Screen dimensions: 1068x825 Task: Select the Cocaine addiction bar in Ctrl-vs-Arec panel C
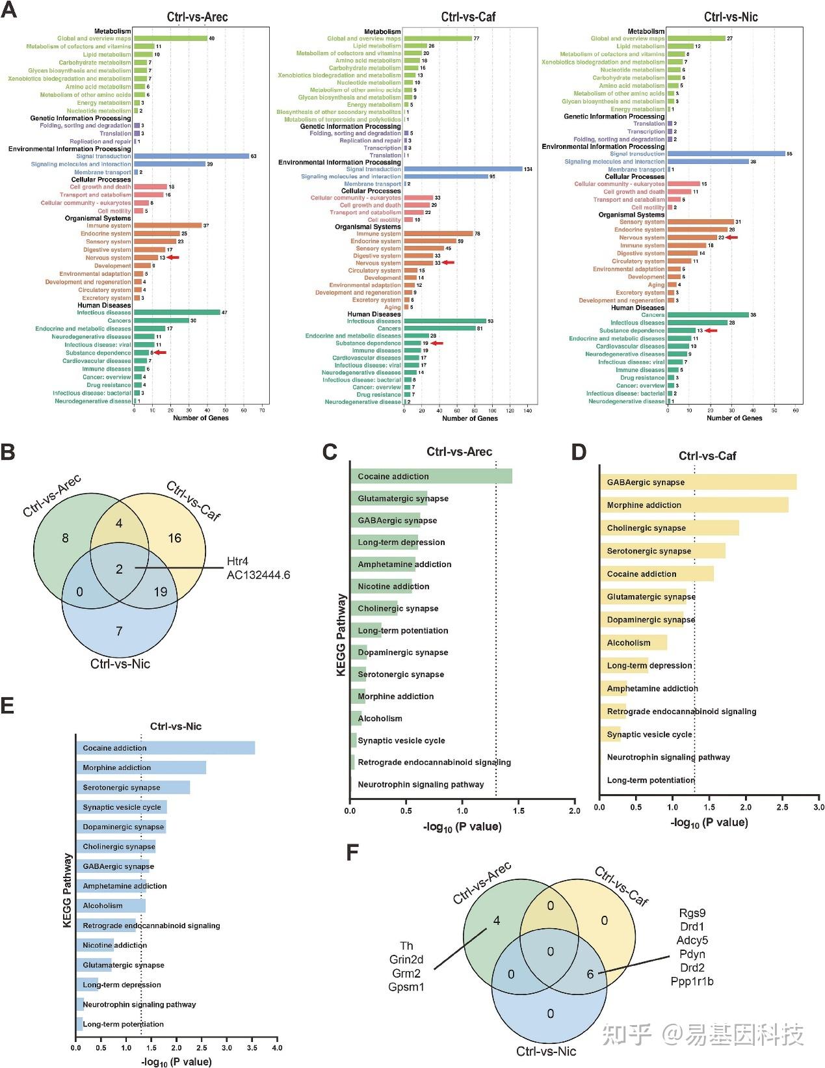click(x=431, y=476)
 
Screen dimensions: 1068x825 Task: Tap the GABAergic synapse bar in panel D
click(x=698, y=482)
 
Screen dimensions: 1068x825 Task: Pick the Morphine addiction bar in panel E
click(x=141, y=768)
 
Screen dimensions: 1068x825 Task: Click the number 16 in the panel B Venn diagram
click(x=174, y=538)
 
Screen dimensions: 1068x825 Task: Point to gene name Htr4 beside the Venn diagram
click(x=238, y=561)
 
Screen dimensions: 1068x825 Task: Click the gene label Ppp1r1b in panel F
click(x=692, y=981)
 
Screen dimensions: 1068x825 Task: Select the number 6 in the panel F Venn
click(x=590, y=974)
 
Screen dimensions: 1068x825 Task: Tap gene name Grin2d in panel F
click(x=406, y=960)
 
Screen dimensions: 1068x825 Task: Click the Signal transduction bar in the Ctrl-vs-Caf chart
click(x=463, y=169)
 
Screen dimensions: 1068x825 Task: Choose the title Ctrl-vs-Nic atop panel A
click(x=731, y=17)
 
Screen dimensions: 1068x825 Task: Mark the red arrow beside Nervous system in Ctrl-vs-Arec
click(x=172, y=258)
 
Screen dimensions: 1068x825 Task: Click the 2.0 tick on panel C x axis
click(x=574, y=811)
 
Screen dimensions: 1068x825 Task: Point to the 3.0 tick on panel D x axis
click(x=818, y=807)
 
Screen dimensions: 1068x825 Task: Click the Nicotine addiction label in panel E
click(x=115, y=945)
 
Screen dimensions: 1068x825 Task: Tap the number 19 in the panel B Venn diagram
click(x=160, y=592)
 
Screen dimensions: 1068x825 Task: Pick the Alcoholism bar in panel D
click(x=633, y=643)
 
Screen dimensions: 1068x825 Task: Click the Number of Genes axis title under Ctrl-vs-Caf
click(x=469, y=418)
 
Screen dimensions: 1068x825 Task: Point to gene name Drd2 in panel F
click(x=692, y=968)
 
